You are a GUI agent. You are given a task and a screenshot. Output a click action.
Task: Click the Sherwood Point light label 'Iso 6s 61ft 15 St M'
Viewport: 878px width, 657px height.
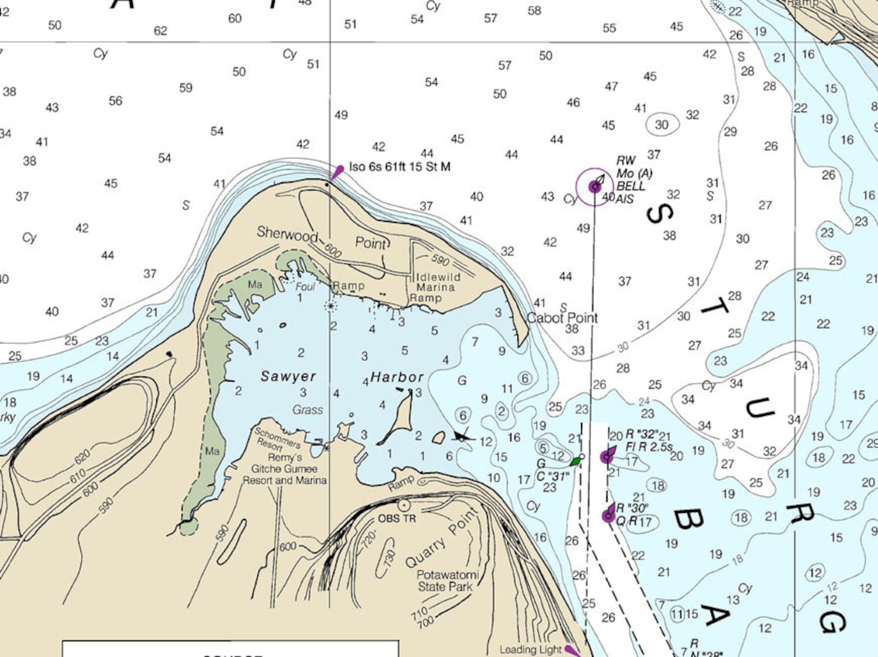point(400,167)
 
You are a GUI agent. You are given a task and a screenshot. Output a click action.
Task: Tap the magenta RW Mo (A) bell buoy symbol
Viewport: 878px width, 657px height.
point(595,187)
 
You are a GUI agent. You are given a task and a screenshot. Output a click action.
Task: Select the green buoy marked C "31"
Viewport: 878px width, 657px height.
point(576,461)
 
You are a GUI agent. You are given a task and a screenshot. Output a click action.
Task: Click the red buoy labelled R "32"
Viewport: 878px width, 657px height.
point(608,456)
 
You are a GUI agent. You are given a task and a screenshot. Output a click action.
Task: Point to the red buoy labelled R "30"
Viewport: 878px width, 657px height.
point(608,516)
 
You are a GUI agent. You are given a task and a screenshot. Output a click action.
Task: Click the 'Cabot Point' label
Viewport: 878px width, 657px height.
point(562,318)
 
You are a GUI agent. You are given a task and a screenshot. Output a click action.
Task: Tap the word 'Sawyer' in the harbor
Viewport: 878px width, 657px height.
point(288,376)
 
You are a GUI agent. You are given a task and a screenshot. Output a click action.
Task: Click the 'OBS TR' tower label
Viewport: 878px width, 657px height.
point(396,519)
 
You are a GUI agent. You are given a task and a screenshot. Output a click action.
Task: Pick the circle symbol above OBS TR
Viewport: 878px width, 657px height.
point(404,505)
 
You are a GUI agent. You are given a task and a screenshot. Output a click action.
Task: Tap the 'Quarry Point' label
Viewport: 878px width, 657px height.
point(441,538)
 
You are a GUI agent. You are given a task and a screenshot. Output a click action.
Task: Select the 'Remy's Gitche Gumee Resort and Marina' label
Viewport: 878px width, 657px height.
point(284,469)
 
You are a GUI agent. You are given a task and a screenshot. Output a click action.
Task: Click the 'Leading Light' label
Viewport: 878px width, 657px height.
point(531,650)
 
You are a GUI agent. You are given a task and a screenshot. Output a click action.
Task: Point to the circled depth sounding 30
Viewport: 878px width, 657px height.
point(662,125)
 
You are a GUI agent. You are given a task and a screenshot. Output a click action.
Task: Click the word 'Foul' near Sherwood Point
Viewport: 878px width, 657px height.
point(305,286)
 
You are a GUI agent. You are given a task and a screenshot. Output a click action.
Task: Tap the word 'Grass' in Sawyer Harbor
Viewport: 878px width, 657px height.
point(307,410)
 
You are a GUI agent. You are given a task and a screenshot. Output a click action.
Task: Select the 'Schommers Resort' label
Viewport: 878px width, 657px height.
point(276,439)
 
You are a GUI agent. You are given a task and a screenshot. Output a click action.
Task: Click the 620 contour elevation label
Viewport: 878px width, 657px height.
point(82,457)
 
